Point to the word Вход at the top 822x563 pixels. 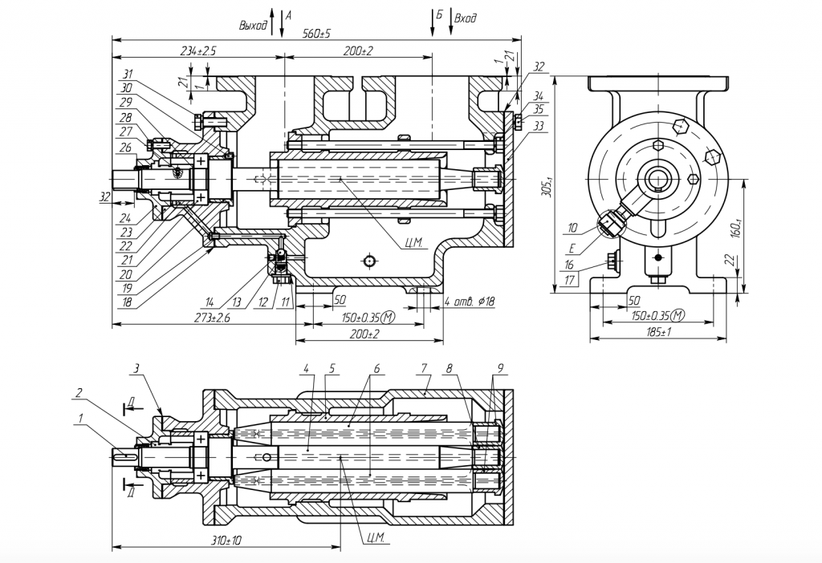465,18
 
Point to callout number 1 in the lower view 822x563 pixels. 79,417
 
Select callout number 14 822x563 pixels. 209,303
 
